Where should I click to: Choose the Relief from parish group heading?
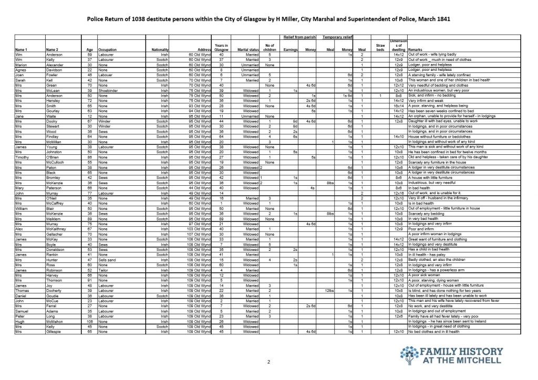point(298,37)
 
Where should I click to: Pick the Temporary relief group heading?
point(336,37)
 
